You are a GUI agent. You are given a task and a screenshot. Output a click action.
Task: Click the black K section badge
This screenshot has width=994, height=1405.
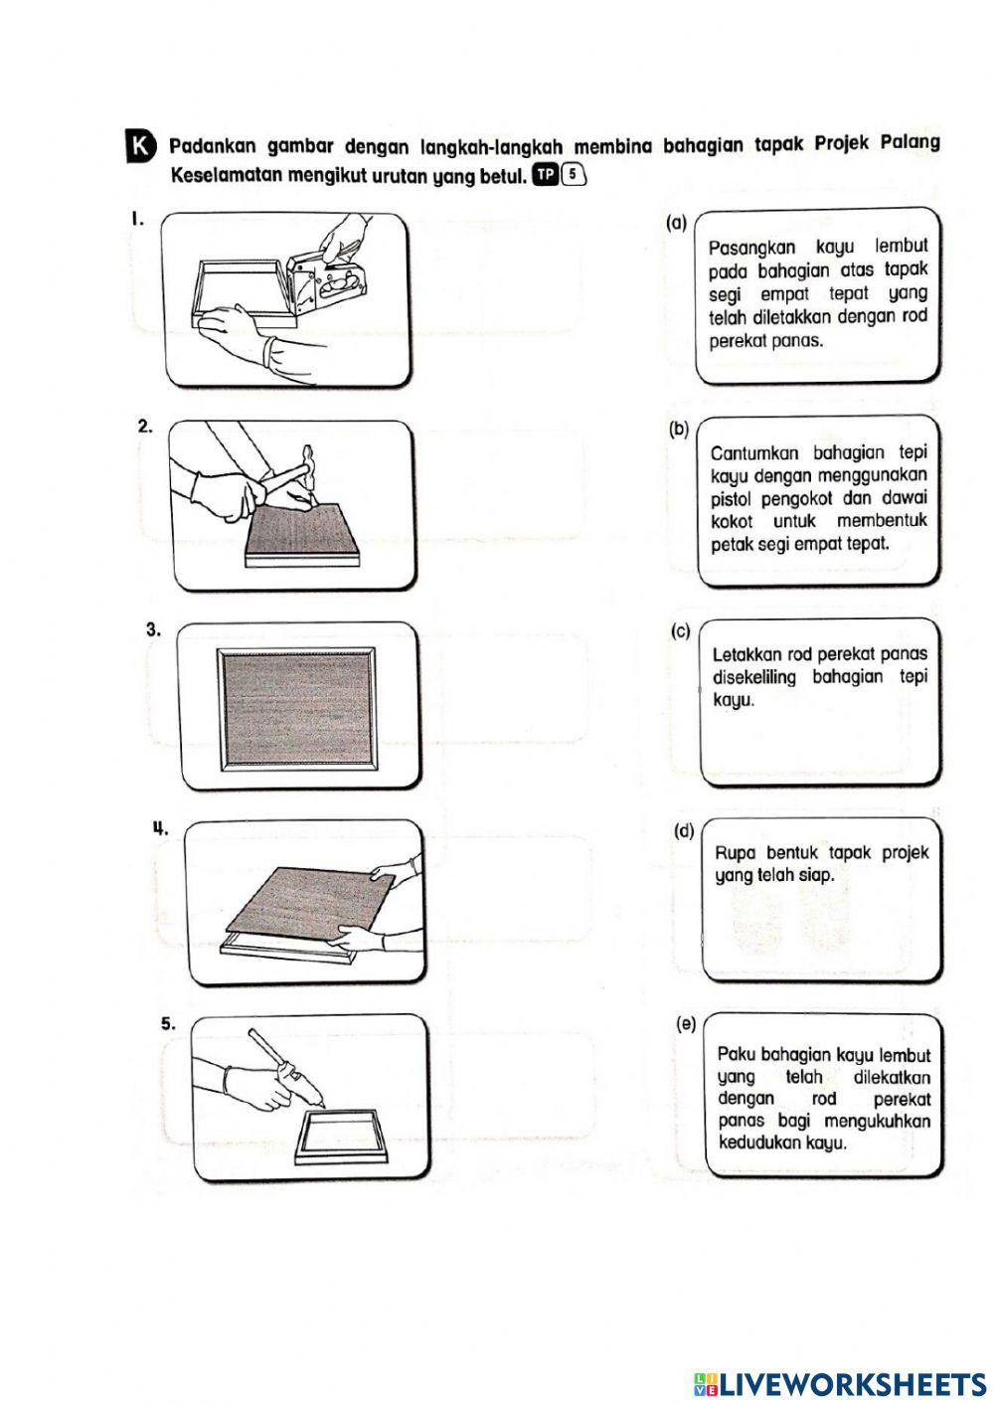[x=141, y=146]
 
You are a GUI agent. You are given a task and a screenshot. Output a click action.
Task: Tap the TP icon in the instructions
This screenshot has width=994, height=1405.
[x=546, y=175]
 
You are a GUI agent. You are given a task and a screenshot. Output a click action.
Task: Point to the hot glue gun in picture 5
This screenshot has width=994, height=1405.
[x=289, y=1076]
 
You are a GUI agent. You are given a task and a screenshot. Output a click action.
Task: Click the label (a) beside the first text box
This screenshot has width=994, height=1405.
[x=676, y=224]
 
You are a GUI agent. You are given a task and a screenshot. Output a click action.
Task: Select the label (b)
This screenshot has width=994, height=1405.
[x=679, y=430]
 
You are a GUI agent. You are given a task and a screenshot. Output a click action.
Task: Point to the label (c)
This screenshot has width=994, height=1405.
[x=681, y=630]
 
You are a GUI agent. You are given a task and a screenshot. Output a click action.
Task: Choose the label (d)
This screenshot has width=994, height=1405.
[x=684, y=830]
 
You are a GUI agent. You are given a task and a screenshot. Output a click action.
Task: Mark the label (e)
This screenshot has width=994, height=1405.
[x=685, y=1023]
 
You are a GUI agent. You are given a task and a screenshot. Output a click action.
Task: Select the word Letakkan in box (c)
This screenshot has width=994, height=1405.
[x=746, y=654]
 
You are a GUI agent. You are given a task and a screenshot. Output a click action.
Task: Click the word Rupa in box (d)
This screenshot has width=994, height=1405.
[x=736, y=852]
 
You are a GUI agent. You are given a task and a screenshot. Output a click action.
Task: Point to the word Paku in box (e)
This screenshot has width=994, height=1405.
[x=737, y=1055]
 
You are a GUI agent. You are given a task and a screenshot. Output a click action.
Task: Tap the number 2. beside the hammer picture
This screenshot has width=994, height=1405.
[x=145, y=426]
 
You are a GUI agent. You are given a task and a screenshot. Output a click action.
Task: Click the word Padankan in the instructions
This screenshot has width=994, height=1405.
[x=213, y=146]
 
